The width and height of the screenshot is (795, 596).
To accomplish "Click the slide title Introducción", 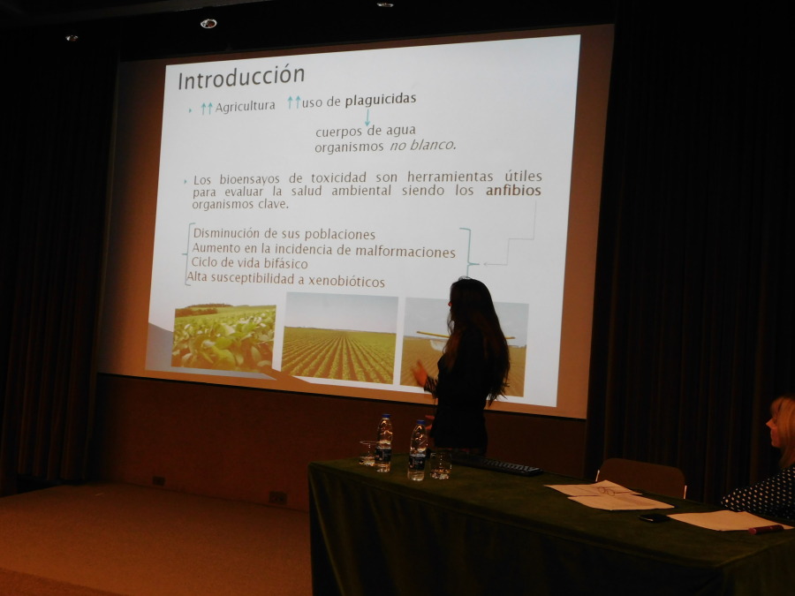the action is [241, 78].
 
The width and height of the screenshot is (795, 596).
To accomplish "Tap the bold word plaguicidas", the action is [381, 99].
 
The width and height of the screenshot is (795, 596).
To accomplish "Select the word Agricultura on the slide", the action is [246, 107].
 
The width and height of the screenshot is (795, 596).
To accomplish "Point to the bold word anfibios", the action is [513, 191].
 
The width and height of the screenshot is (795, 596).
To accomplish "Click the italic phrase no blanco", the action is [423, 146].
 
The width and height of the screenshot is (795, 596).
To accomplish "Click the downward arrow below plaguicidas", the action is [367, 118].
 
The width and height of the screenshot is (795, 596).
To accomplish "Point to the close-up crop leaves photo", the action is [223, 336].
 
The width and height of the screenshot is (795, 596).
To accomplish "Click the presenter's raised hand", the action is [420, 373].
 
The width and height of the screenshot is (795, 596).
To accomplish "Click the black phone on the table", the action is [654, 517].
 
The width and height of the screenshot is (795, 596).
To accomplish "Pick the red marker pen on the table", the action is [766, 530].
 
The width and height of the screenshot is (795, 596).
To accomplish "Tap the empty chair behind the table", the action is [641, 478].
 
